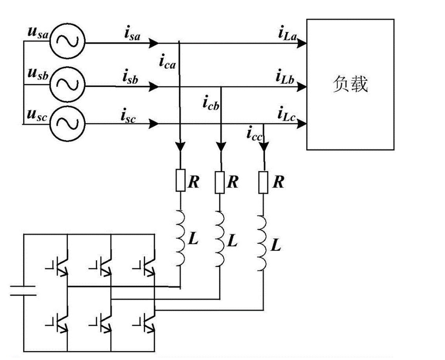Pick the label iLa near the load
pos(287,35)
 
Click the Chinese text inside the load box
pos(350,84)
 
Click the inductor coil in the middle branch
pos(221,239)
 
